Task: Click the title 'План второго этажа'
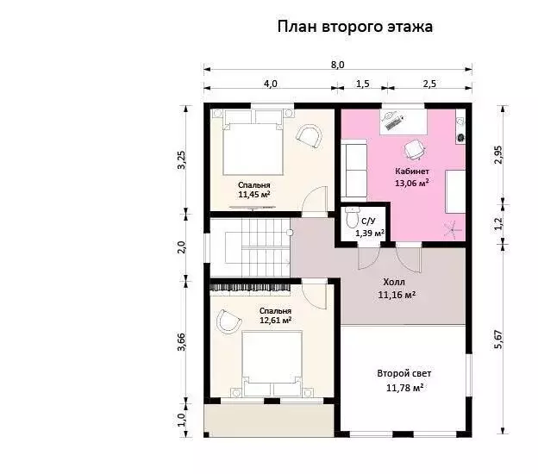pos(354,27)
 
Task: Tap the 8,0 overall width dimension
pos(338,65)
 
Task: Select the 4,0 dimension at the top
pos(271,84)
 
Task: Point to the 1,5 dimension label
pos(363,84)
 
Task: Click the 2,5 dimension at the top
pos(429,84)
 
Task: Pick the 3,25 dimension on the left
pos(181,159)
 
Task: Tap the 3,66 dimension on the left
pos(181,341)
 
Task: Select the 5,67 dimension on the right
pos(498,340)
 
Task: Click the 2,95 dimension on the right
pos(498,155)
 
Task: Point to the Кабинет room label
pos(412,172)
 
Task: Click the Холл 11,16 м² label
pos(397,289)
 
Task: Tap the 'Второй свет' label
pos(404,373)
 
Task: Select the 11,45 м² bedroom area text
pos(253,195)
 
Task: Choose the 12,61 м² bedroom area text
pos(276,321)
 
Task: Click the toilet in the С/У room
pos(351,217)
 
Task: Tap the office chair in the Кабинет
pos(414,150)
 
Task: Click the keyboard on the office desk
pos(394,122)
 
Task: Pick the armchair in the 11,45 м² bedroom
pos(310,136)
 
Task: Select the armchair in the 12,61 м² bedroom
pos(228,322)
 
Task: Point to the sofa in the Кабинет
pos(354,170)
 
